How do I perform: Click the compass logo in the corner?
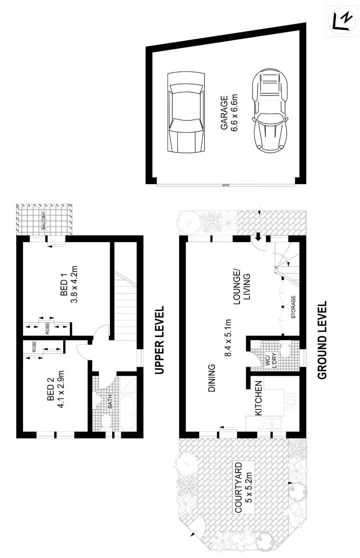pyautogui.click(x=342, y=20)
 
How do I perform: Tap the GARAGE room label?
pyautogui.click(x=224, y=113)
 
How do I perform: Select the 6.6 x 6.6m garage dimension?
pyautogui.click(x=234, y=113)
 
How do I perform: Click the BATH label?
pyautogui.click(x=110, y=402)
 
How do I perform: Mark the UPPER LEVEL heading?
pyautogui.click(x=159, y=340)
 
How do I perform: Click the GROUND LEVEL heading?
pyautogui.click(x=323, y=340)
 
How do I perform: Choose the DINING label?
pyautogui.click(x=212, y=378)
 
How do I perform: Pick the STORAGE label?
pyautogui.click(x=293, y=307)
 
